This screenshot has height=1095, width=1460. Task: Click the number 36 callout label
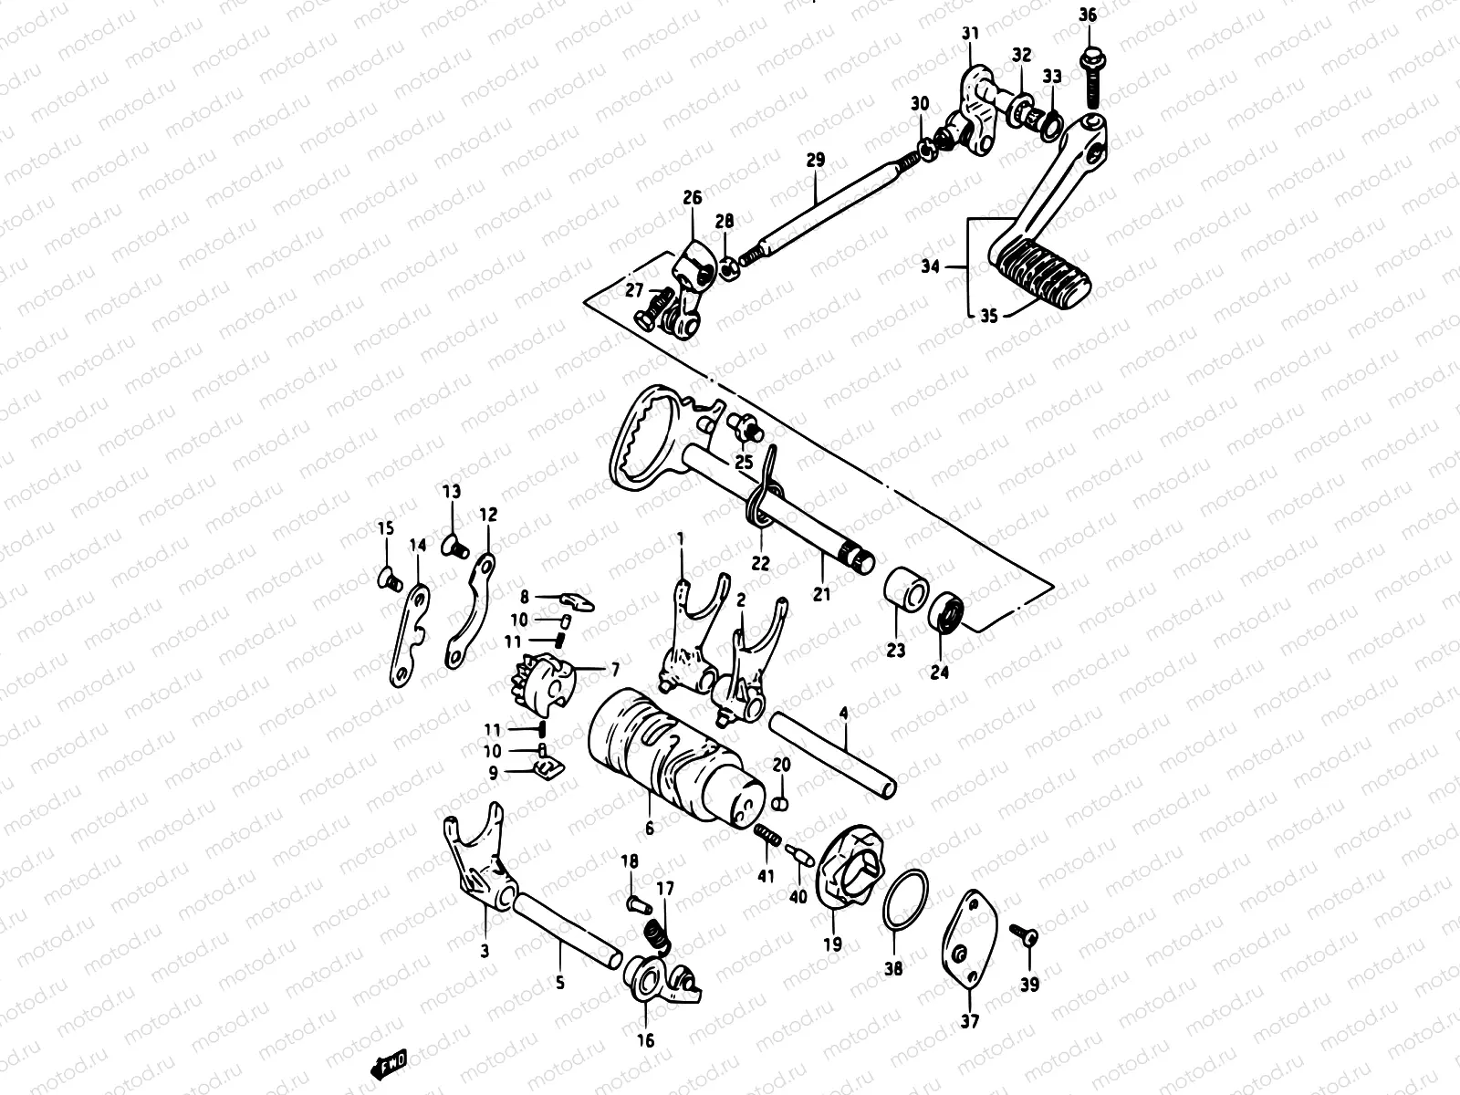pos(1089,15)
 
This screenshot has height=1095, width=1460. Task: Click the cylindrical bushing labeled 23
pos(904,592)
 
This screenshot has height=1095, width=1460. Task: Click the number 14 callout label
pos(417,547)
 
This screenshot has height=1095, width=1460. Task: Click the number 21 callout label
pos(822,594)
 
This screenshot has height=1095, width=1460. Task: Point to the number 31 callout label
pos(969,34)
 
